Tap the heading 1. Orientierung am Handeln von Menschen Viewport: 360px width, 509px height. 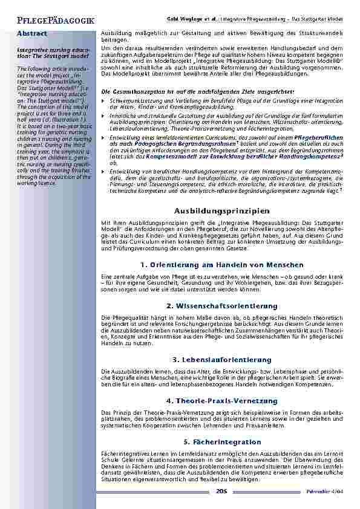(x=221, y=265)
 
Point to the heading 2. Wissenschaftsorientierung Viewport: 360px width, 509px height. (x=221, y=306)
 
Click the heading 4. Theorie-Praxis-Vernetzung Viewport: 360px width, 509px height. (x=221, y=401)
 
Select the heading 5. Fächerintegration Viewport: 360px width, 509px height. (x=221, y=442)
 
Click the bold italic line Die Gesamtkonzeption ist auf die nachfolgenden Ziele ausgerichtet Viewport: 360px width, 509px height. (x=197, y=91)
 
